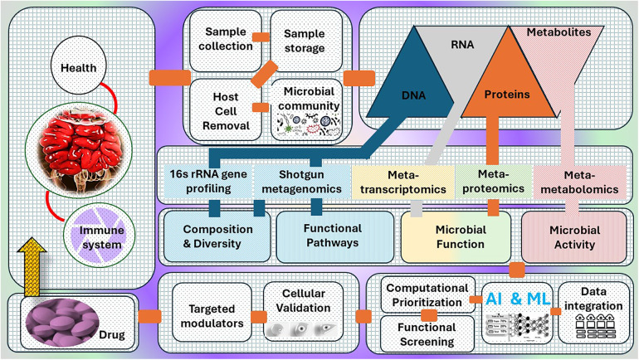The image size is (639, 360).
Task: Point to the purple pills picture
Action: coord(62,322)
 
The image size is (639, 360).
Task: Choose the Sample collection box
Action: coord(226,41)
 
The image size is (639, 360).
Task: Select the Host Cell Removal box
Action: coord(226,110)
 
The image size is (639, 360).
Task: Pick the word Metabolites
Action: coord(559,32)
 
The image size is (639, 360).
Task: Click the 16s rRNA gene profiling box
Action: coord(208,181)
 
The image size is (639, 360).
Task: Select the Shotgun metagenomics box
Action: coord(301,181)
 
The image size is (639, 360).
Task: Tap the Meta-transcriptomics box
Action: coord(402,182)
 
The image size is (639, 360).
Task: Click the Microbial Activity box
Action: coord(573,237)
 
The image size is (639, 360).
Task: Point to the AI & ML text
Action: coord(518,299)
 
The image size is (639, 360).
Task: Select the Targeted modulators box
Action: coord(212,313)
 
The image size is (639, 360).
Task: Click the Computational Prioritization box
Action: coord(427,294)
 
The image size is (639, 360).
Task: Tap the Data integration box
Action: coord(593,313)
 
